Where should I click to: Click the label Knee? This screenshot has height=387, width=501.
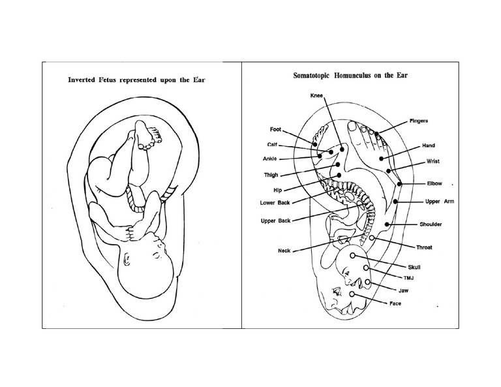317,96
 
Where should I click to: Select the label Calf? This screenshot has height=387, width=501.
273,144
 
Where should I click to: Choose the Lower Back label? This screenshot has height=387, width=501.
275,203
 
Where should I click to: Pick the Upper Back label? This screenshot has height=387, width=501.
275,221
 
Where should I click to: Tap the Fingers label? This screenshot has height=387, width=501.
419,121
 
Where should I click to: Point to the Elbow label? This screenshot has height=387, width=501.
434,183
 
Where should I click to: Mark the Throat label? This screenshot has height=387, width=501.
425,247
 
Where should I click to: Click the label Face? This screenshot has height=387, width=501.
395,303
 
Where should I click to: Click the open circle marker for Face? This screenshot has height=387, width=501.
352,294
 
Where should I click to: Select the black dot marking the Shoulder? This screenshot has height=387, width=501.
387,224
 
